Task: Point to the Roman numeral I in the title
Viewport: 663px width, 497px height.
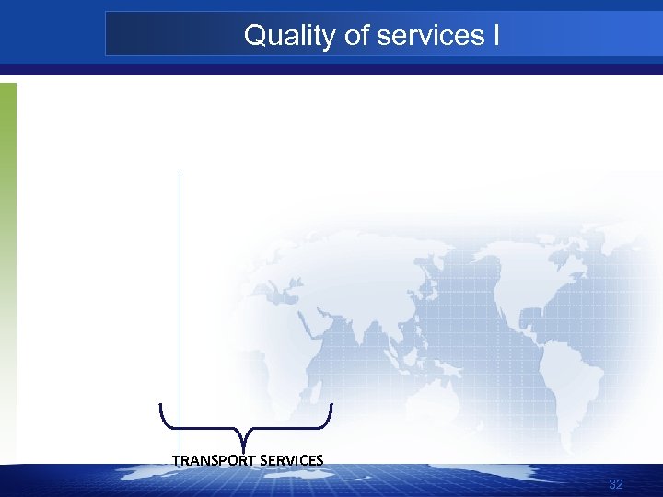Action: (x=496, y=36)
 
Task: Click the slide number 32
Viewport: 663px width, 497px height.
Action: (x=616, y=485)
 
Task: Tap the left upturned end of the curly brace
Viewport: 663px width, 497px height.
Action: (x=161, y=406)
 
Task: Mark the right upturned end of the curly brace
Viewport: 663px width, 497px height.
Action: (x=331, y=406)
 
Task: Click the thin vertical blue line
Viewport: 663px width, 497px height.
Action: (x=180, y=276)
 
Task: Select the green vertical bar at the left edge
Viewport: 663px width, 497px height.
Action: (x=7, y=230)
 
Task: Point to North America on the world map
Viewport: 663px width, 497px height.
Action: (x=543, y=267)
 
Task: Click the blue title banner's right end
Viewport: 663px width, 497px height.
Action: (x=645, y=35)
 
